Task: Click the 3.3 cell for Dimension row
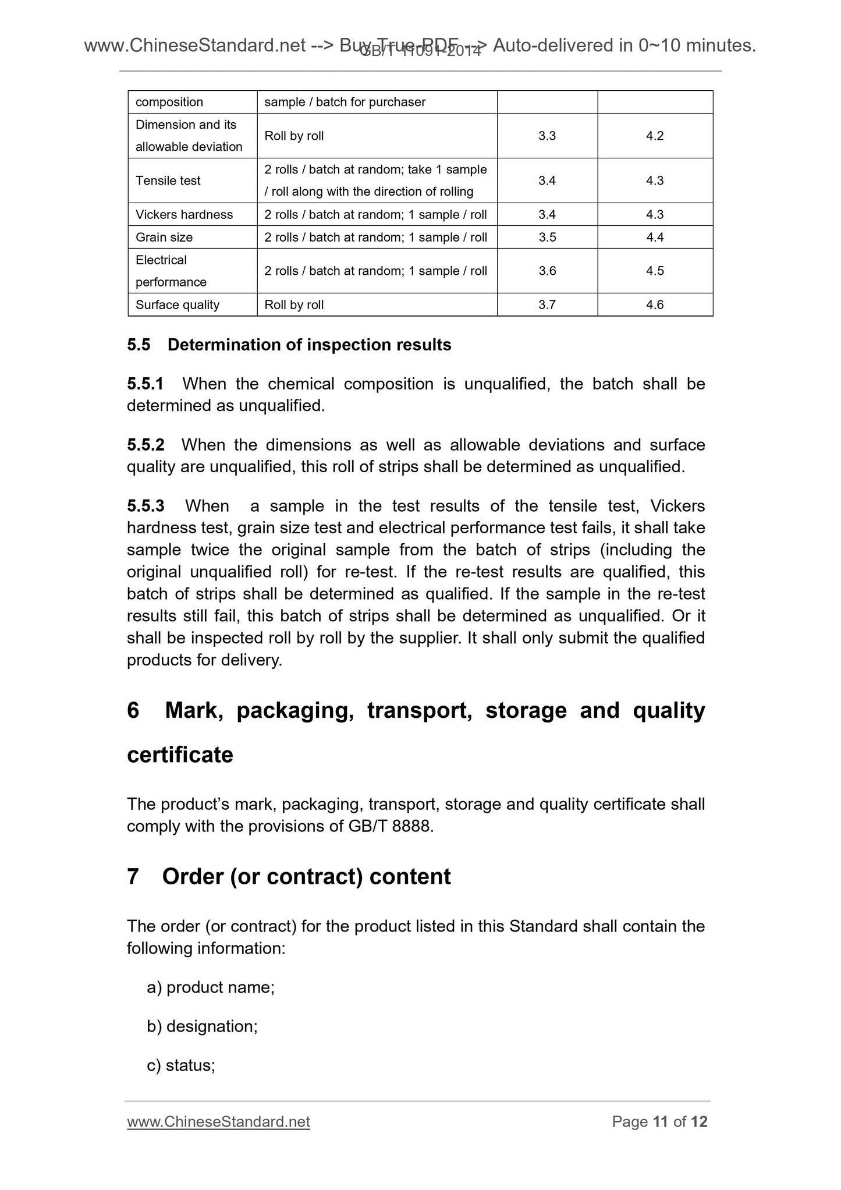pos(547,136)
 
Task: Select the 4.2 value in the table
pos(655,136)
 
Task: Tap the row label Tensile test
pos(168,180)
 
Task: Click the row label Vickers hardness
pos(184,214)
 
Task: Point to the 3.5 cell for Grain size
pos(547,237)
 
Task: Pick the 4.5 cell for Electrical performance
pos(655,271)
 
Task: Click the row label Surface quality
pos(178,304)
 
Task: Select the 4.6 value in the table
pos(655,304)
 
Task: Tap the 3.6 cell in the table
pos(547,271)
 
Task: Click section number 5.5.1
pos(145,384)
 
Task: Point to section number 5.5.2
pos(146,445)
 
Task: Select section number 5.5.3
pos(146,506)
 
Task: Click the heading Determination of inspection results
pos(309,345)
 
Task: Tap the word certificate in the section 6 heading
pos(180,755)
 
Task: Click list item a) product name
pos(211,987)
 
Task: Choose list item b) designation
pos(202,1026)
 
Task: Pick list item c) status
pos(181,1065)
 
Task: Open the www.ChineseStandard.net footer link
pos(218,1122)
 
